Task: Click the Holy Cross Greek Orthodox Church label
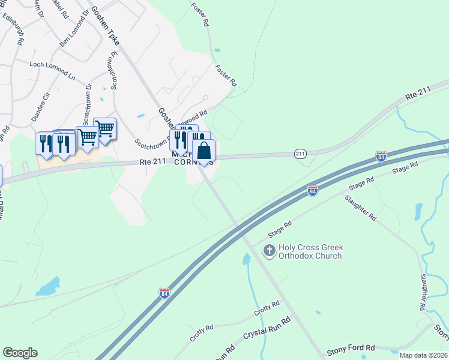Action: pos(310,251)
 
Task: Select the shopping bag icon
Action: pos(203,151)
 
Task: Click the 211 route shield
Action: pos(301,154)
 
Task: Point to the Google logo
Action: pos(20,353)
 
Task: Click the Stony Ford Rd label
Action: pos(351,348)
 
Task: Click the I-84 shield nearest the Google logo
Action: pos(164,293)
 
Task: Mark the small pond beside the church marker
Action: pos(247,259)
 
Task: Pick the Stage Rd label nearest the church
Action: pos(280,226)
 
